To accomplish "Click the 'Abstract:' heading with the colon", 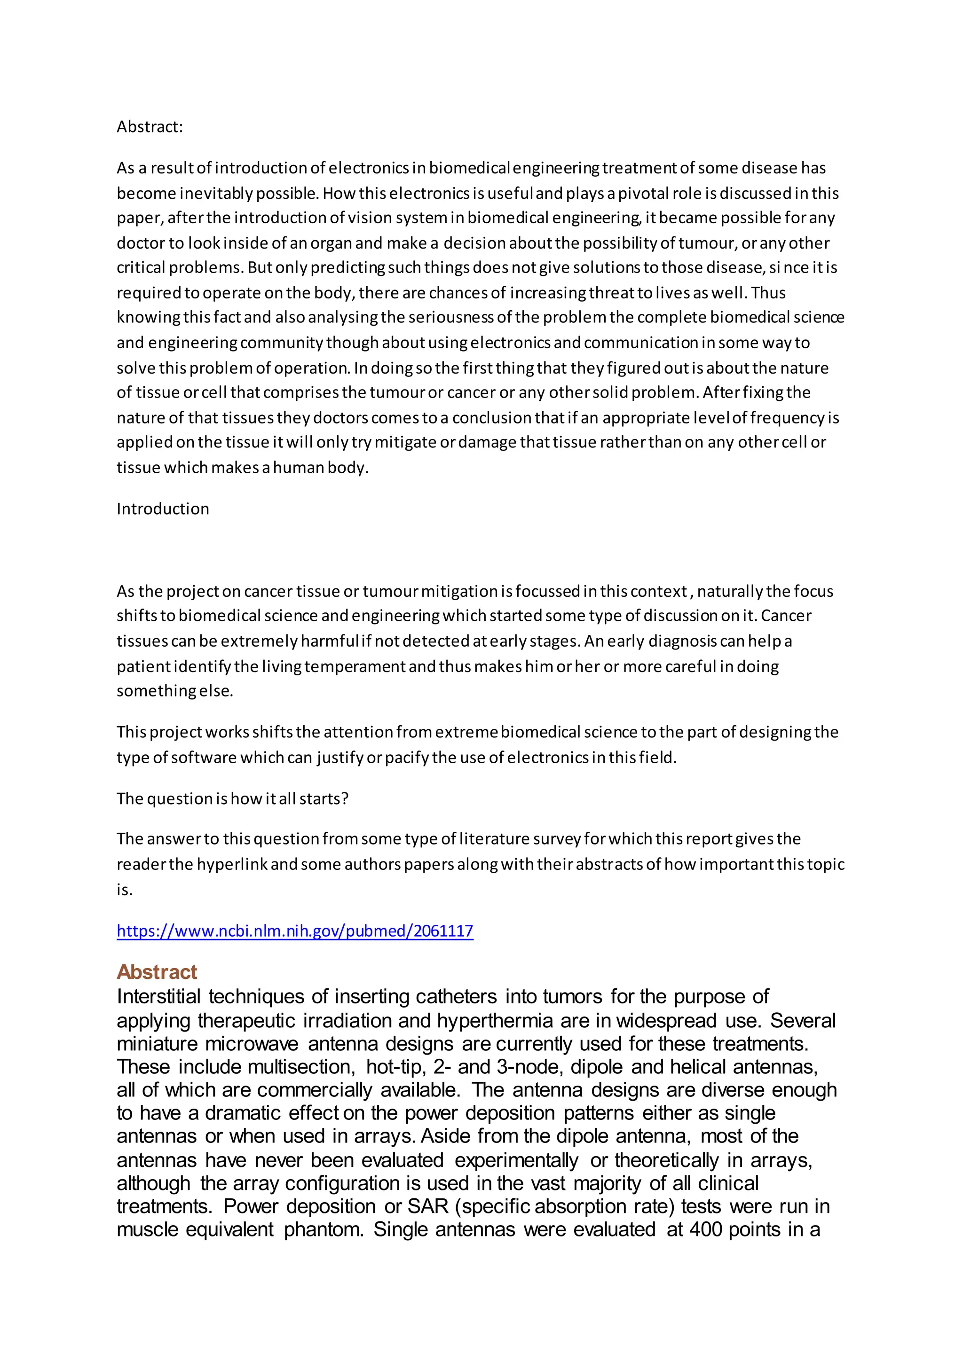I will click(150, 127).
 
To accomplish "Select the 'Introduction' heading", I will click(163, 508).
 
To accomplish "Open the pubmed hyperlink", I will click(295, 931).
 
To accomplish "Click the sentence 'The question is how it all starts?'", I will click(232, 798).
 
